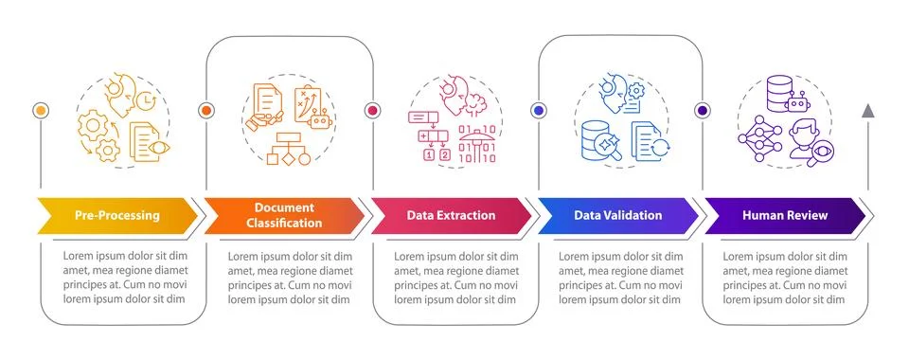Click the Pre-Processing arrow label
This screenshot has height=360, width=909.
click(x=118, y=215)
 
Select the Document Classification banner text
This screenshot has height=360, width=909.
click(x=288, y=215)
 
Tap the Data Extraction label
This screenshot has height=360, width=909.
click(x=451, y=215)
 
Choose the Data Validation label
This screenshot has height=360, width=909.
click(x=617, y=215)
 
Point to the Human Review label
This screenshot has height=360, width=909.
click(x=785, y=215)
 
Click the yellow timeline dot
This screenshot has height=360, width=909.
click(x=40, y=111)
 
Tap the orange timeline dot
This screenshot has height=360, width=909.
click(x=205, y=111)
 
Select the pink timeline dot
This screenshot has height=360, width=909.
click(x=372, y=111)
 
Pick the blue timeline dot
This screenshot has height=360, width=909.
click(x=538, y=111)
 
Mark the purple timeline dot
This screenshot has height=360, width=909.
click(x=703, y=111)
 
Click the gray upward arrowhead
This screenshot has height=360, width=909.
click(x=867, y=111)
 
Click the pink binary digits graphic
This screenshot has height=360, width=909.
click(x=476, y=142)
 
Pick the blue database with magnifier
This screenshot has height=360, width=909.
click(x=597, y=139)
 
